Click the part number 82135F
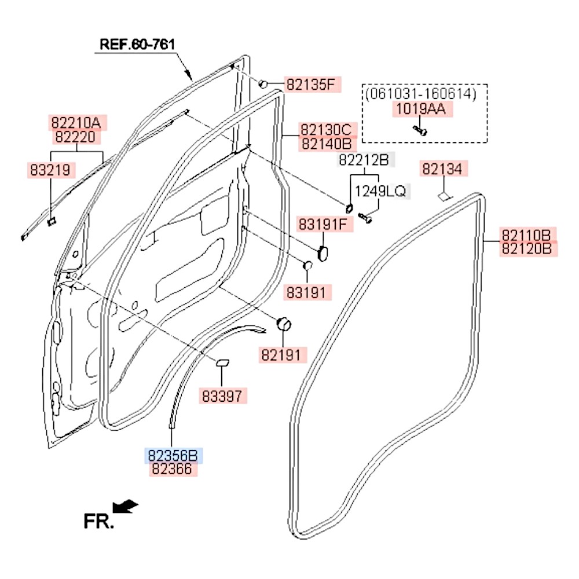310,85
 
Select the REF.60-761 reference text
137,45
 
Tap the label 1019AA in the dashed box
421,109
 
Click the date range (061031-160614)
421,94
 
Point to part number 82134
442,168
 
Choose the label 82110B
526,234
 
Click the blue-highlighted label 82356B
173,455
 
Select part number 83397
222,396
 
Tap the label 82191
281,355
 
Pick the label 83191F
323,224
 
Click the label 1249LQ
380,191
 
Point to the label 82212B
364,160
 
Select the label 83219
50,170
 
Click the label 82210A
76,123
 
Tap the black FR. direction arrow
125,506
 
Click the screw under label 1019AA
420,130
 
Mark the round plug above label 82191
284,325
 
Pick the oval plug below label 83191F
323,254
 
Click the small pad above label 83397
223,363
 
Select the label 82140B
327,144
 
